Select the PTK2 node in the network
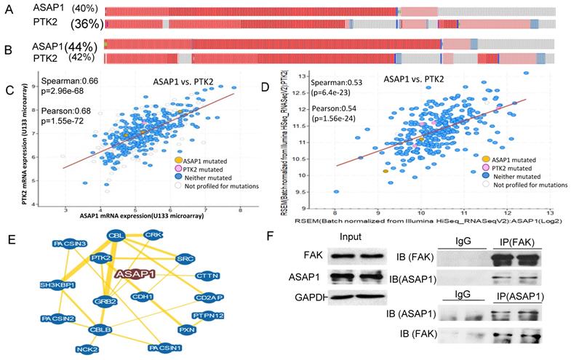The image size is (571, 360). (x=100, y=258)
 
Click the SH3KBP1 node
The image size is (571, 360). (x=59, y=285)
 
